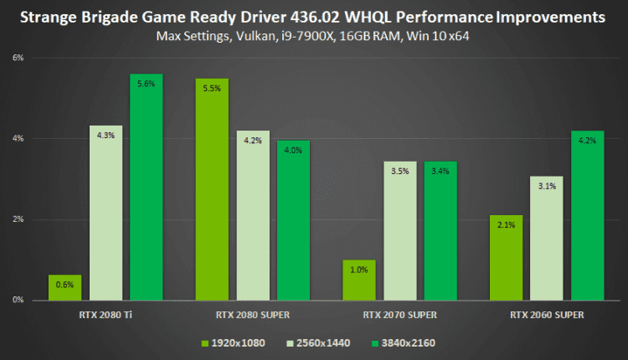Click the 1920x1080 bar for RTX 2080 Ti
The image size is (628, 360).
65,287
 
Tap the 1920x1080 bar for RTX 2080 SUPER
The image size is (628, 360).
212,189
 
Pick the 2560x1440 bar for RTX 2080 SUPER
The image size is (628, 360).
253,215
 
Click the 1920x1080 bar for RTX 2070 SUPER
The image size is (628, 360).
360,280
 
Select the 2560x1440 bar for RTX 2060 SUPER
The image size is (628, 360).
547,238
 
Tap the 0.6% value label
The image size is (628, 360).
65,285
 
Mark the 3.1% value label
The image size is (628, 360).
547,186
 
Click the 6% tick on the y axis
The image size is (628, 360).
18,58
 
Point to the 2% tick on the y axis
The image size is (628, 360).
18,219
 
